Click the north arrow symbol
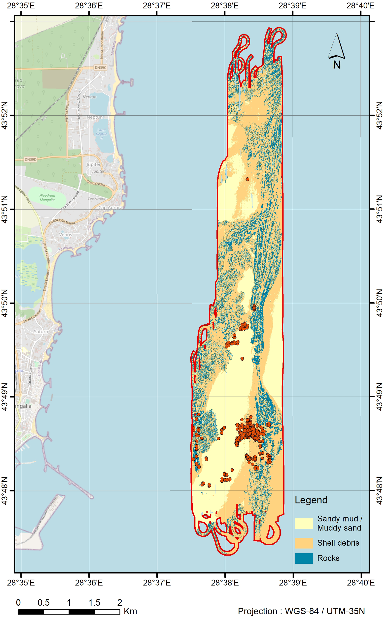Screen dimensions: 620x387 [336, 47]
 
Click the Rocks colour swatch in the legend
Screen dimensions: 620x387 [304, 558]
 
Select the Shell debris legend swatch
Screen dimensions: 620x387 [304, 543]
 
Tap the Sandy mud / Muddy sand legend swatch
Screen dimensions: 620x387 [304, 523]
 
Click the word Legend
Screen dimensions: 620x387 [311, 500]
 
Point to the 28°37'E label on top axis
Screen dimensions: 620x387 [157, 6]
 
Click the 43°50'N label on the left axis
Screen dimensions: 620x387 [5, 303]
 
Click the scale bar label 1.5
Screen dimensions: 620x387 [94, 602]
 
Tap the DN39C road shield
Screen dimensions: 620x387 [100, 67]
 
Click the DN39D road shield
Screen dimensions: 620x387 [31, 159]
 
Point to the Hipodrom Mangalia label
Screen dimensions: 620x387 [47, 197]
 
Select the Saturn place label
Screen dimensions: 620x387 [41, 332]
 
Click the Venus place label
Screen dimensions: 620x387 [66, 234]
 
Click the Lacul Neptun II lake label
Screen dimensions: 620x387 [101, 134]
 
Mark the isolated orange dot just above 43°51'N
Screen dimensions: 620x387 [247, 179]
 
